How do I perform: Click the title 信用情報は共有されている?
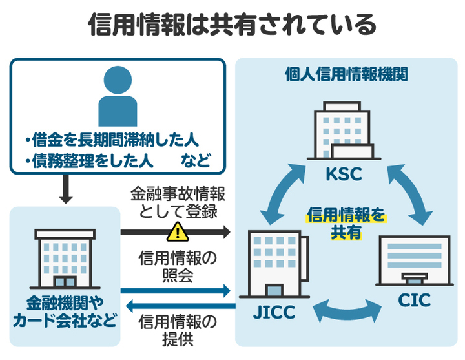(232, 25)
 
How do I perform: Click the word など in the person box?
(195, 162)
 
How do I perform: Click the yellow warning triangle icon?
(176, 231)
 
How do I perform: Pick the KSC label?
(344, 175)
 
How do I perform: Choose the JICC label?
(273, 313)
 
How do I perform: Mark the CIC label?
(414, 301)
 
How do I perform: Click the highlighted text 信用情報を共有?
(346, 222)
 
